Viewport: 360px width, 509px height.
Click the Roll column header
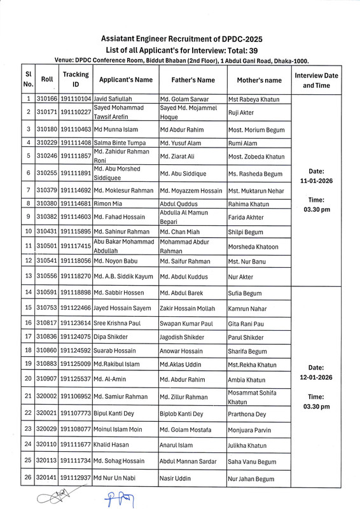[x=46, y=80]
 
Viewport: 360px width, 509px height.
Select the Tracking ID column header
[x=76, y=80]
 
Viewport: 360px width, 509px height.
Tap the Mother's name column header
[x=254, y=80]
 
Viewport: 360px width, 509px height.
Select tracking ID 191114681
[x=76, y=203]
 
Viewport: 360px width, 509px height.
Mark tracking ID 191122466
[x=76, y=309]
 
